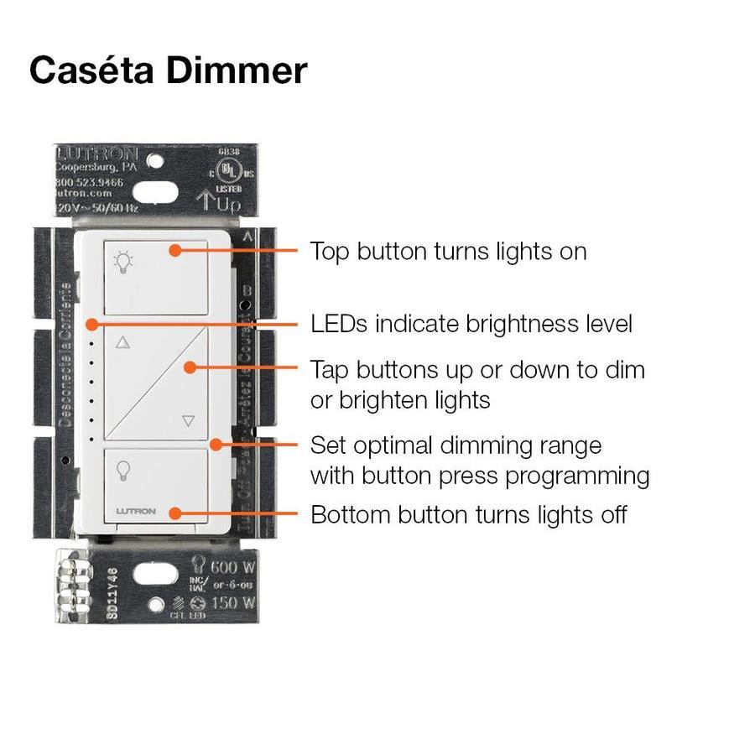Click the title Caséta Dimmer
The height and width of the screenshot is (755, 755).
pos(168,70)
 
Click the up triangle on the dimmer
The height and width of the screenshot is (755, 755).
pos(124,342)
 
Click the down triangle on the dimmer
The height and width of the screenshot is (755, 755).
pos(188,422)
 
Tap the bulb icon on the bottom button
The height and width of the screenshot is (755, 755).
pos(123,470)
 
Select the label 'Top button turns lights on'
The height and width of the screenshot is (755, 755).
pos(448,251)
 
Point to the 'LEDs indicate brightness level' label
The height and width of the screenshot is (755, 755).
pos(471,324)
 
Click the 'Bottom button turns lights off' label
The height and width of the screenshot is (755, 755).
pos(468,514)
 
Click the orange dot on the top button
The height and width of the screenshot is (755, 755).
pos(174,249)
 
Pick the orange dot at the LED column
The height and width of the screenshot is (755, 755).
pos(91,323)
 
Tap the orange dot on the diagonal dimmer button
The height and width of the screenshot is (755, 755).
pos(191,367)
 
